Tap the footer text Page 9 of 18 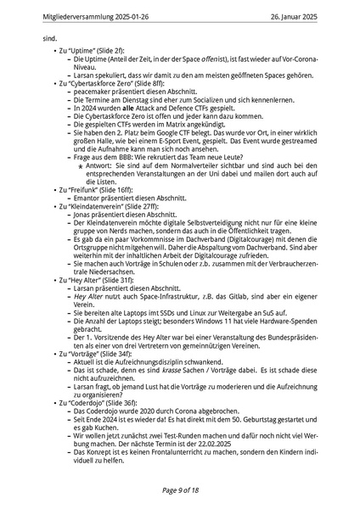179,490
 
